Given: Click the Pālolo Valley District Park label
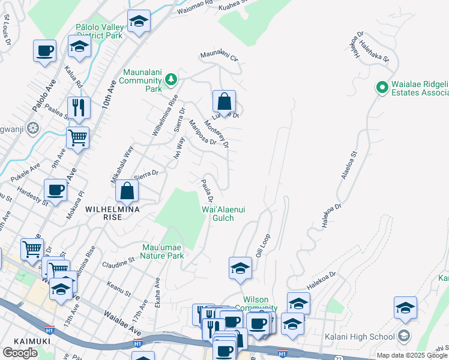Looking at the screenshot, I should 100,31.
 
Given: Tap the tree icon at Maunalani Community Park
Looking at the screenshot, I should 171,79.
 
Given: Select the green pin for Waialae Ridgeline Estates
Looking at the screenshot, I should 381,88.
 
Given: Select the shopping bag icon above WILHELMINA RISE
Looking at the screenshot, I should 127,191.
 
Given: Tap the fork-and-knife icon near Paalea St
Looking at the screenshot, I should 79,108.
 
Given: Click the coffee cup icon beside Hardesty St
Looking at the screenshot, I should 56,191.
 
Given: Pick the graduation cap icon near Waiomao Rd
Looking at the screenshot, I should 139,23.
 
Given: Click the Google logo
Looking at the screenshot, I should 20,353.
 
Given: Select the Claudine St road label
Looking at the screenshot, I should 118,263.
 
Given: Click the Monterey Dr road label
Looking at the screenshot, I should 217,134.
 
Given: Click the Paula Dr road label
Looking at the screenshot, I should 207,191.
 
